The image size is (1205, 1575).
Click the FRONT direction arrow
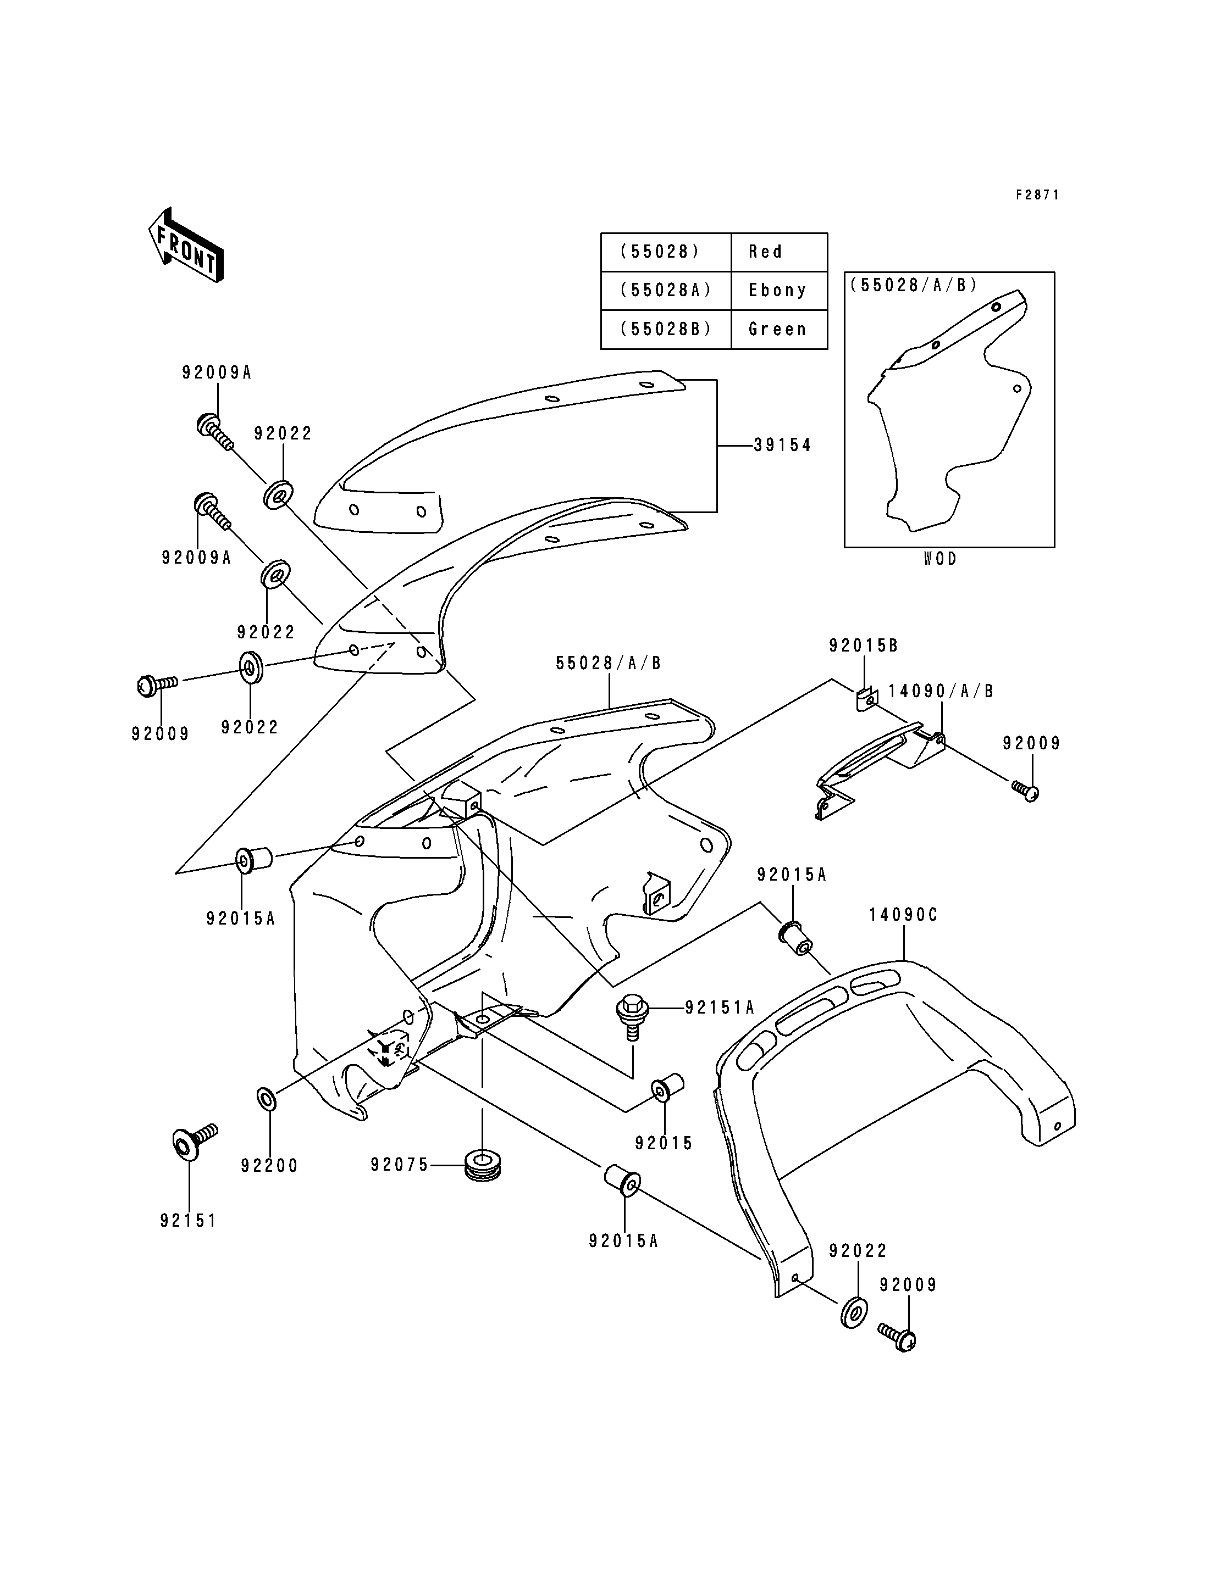pos(185,245)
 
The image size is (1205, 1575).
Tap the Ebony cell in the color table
pos(779,291)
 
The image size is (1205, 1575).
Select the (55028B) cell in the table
pos(666,329)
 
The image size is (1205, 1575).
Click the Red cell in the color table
pos(779,252)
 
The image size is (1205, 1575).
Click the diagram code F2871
pos(1037,195)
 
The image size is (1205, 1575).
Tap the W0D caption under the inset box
pos(941,559)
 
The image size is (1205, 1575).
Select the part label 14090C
pos(903,915)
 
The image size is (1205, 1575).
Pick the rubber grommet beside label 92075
pos(483,1166)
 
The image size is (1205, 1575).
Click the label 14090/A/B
pos(941,691)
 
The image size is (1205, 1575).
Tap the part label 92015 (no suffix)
pos(664,1143)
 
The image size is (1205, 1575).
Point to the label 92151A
pos(720,1008)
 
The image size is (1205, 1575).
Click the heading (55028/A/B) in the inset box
pos(913,285)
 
